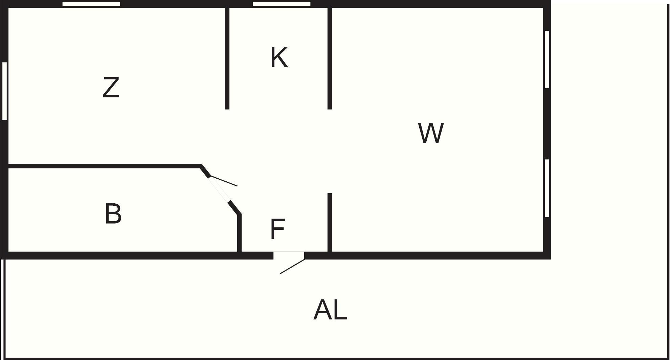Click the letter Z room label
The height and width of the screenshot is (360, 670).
point(111,88)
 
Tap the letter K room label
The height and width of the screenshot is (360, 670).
point(279,58)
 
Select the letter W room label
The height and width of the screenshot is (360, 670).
point(431,133)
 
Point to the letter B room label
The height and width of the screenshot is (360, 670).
point(113,213)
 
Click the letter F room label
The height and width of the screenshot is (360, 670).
point(278,229)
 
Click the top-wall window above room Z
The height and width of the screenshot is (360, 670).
point(91,4)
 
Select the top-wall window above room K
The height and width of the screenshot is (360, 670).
point(282,4)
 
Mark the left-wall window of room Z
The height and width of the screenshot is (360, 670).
point(4,91)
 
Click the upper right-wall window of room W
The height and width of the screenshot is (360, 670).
point(547,60)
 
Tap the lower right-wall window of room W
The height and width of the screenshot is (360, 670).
point(547,188)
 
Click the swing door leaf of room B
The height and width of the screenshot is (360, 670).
point(224,181)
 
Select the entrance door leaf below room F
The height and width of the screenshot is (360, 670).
point(292,266)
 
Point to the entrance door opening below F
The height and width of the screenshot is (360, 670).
point(289,255)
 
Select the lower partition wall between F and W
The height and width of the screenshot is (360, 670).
point(330,222)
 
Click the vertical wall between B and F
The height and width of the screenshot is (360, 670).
point(239,233)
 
